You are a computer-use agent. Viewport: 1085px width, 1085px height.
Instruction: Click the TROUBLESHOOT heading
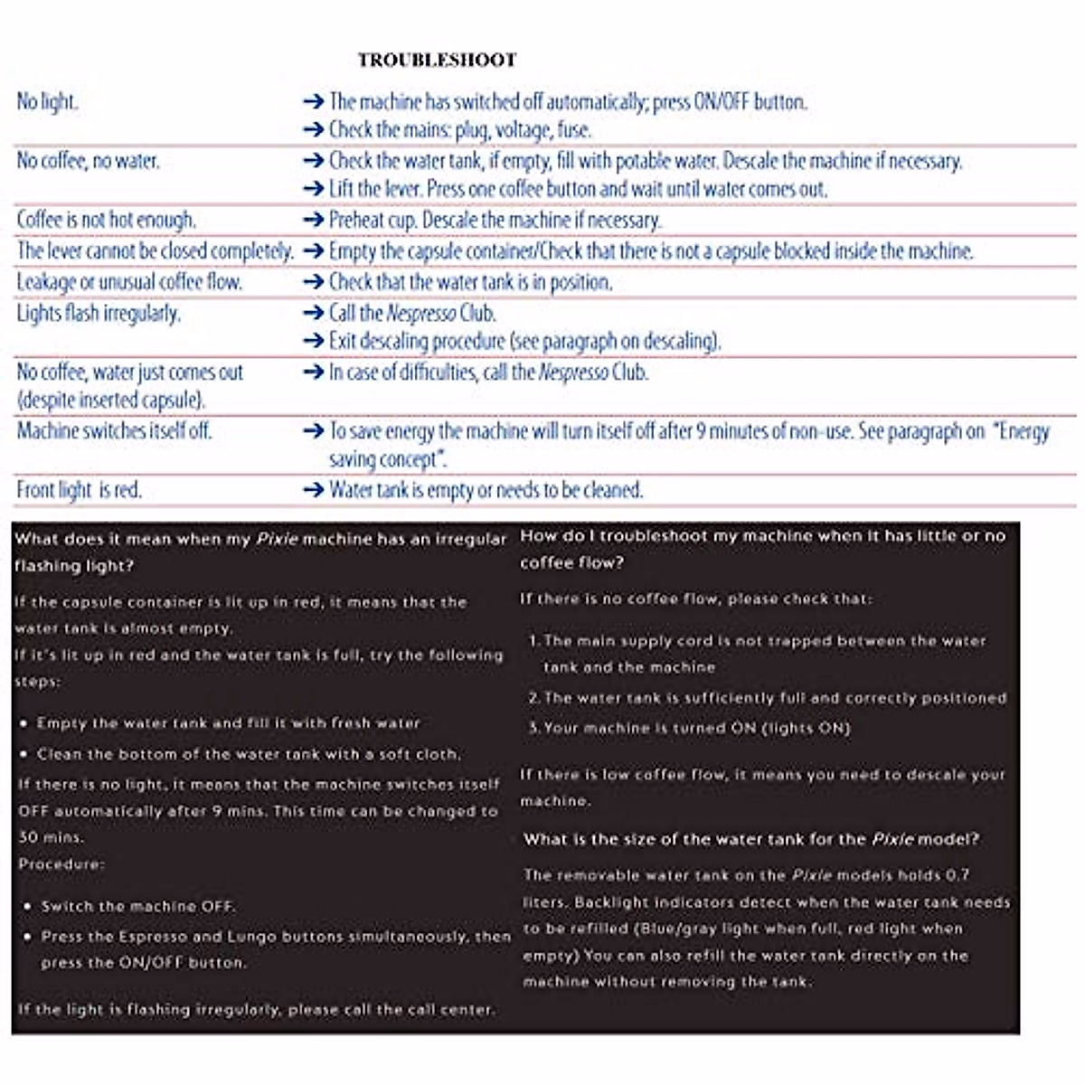tap(437, 61)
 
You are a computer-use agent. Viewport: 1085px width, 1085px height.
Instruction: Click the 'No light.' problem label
tap(48, 101)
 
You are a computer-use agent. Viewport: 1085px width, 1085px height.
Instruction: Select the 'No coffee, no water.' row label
tap(88, 161)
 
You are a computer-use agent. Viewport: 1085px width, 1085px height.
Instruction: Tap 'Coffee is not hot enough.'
tap(107, 220)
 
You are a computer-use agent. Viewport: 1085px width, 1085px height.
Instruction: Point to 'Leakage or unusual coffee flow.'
tap(129, 282)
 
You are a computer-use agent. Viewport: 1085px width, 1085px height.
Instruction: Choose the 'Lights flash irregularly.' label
tap(99, 313)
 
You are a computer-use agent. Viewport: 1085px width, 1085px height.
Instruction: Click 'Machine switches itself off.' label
tap(114, 430)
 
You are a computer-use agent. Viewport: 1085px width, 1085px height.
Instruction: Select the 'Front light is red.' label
tap(80, 490)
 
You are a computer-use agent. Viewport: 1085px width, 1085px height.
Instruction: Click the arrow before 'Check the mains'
tap(314, 130)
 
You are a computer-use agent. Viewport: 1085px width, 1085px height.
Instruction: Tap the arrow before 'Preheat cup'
tap(314, 220)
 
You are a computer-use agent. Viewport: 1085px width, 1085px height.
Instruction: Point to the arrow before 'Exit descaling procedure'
tap(314, 341)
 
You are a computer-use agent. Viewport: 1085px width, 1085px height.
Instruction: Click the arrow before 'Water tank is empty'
tap(314, 490)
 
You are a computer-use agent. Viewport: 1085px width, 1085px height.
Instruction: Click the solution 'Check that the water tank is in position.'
tap(470, 282)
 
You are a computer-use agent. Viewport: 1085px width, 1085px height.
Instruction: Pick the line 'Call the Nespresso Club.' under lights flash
tap(412, 313)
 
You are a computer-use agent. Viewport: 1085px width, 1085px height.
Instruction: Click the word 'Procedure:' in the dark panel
tap(61, 864)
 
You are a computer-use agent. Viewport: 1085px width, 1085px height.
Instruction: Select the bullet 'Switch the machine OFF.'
tap(137, 906)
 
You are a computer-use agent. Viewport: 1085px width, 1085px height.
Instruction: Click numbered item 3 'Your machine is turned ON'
tap(696, 728)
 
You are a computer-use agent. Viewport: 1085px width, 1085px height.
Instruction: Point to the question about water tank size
tap(750, 839)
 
